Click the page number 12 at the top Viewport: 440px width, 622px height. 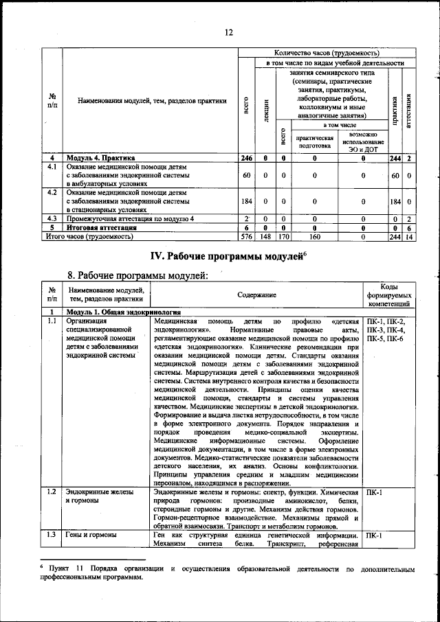click(228, 32)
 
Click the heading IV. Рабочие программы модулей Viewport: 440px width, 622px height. click(228, 256)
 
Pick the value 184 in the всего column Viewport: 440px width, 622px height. click(247, 202)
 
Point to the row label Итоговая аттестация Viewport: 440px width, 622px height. click(100, 227)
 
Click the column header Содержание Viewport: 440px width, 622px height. click(257, 295)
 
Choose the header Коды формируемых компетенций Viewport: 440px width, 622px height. click(389, 295)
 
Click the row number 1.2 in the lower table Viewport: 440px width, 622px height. click(52, 492)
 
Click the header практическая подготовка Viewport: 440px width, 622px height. click(314, 141)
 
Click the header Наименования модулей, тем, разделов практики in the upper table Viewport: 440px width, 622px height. click(152, 101)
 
